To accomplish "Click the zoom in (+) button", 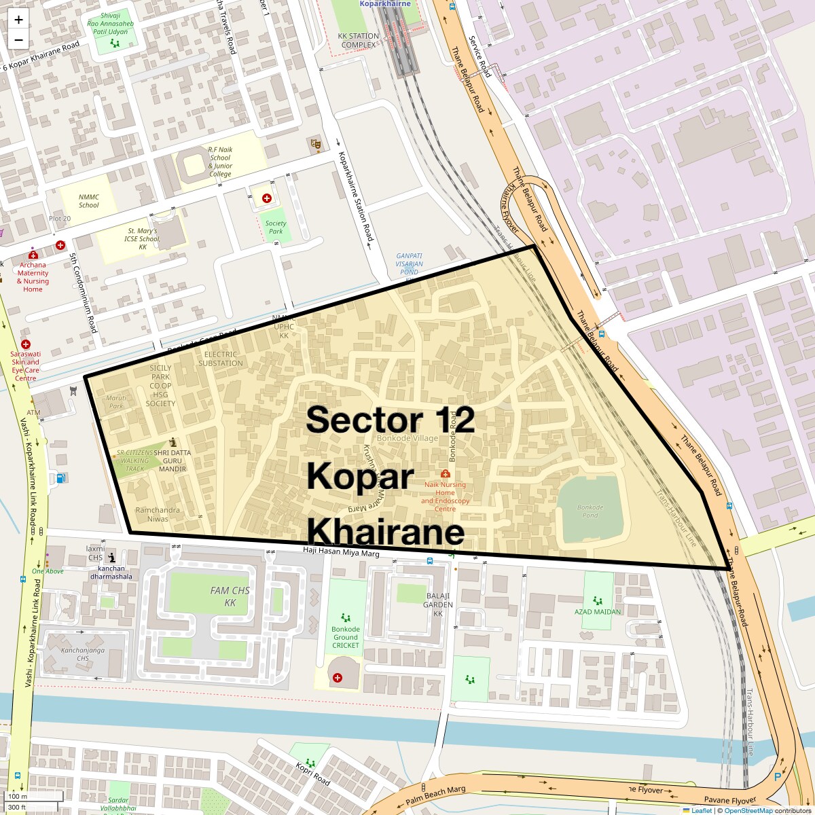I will [x=18, y=20].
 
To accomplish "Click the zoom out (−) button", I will [x=18, y=39].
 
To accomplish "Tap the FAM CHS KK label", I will [x=230, y=596].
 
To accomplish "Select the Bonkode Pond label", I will [x=590, y=511].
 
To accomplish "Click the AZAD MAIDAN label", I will [x=598, y=611].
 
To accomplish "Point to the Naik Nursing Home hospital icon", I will [x=446, y=473].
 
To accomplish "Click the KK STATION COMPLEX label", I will [x=359, y=41].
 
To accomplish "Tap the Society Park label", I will [x=276, y=228].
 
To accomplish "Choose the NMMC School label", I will [x=88, y=201].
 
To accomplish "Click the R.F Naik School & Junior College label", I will [x=219, y=162].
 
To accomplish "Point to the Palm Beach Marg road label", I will [x=436, y=796].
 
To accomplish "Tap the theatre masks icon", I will [x=314, y=143].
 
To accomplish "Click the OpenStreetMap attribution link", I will [x=748, y=810].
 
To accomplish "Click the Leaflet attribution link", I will [x=701, y=810].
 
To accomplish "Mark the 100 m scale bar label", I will [x=18, y=796].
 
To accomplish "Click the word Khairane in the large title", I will [x=386, y=532].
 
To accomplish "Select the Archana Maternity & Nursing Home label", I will [x=33, y=277].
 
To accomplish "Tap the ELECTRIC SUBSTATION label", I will [x=220, y=359].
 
